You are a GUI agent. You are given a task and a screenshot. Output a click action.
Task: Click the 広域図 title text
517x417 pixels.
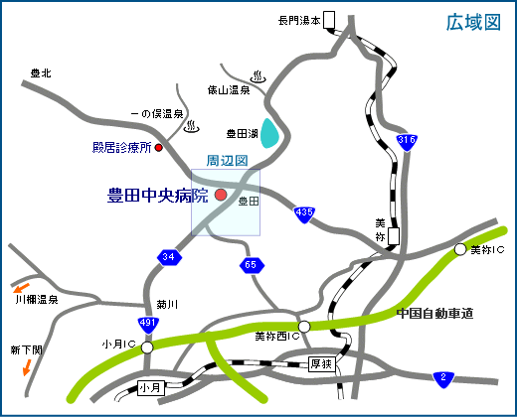pos(472,23)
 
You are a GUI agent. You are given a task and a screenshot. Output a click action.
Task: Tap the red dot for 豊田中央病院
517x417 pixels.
pos(221,195)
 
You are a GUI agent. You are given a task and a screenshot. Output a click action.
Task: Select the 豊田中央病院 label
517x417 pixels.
pos(158,196)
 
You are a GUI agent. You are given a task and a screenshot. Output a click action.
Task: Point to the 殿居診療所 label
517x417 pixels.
pos(121,148)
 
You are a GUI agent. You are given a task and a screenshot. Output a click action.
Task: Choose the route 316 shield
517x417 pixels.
pos(406,143)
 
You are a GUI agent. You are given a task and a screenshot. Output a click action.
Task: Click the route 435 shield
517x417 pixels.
pos(304,212)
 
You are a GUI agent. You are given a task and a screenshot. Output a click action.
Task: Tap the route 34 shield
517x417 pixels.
pos(169,258)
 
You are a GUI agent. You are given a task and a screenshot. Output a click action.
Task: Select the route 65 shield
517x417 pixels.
pos(251,265)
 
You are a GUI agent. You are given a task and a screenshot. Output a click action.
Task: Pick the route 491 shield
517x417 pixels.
pos(147,325)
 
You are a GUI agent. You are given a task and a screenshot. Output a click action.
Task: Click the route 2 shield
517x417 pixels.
pos(444,377)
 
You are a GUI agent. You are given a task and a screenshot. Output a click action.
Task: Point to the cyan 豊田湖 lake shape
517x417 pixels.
pos(269,131)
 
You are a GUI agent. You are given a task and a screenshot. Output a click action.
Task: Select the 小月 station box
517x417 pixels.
pos(150,387)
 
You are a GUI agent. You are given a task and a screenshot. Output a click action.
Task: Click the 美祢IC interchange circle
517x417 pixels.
pos(460,249)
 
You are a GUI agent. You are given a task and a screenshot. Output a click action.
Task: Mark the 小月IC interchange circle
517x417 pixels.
pos(147,348)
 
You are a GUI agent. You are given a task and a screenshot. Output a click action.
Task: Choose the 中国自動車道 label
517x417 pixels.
pos(433,314)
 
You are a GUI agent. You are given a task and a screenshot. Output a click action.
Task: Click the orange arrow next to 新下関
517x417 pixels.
pos(27,367)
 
